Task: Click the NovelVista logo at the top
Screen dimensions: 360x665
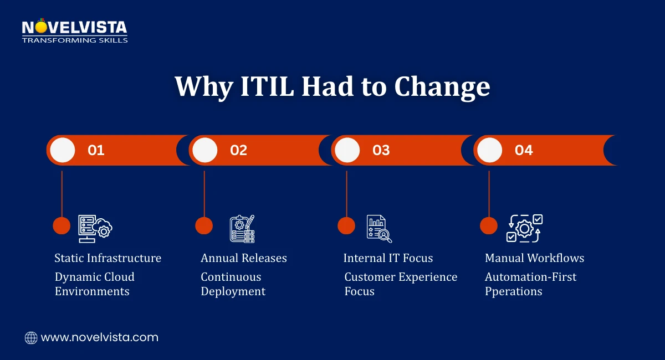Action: point(74,31)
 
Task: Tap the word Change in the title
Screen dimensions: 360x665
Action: point(442,86)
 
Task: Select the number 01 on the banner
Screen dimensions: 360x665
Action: point(96,150)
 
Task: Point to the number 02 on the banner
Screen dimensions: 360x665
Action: point(238,150)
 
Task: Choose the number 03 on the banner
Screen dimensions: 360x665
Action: point(381,150)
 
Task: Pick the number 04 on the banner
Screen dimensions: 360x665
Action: point(523,150)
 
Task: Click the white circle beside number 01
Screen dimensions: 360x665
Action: point(62,150)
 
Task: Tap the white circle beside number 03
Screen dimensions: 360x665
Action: point(347,150)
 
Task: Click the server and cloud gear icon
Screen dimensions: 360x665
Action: point(95,228)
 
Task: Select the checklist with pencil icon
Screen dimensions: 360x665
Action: point(242,228)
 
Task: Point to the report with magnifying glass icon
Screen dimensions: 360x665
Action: point(379,228)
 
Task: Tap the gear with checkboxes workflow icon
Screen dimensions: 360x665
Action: point(524,228)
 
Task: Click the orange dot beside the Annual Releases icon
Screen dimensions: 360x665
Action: point(204,225)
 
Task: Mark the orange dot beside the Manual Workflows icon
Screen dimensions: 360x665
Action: point(488,225)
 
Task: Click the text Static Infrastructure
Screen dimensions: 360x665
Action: point(108,258)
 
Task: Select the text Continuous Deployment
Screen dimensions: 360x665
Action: point(233,284)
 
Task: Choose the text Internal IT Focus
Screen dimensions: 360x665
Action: point(388,258)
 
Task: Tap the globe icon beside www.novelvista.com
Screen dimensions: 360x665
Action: point(31,337)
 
